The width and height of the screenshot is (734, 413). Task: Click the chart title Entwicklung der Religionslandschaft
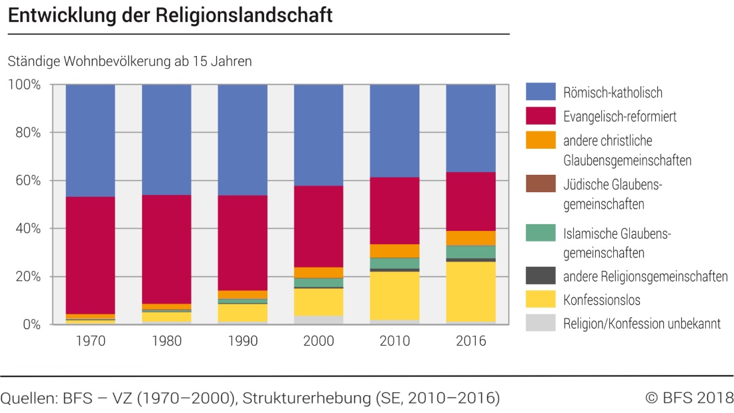(170, 16)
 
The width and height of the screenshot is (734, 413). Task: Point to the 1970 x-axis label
(90, 341)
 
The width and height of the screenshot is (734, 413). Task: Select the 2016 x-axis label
(470, 341)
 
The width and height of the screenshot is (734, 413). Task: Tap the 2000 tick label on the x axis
(318, 341)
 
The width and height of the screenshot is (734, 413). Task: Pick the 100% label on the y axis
(25, 85)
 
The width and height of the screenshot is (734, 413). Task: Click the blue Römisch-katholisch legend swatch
(541, 92)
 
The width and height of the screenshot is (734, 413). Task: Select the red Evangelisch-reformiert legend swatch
(541, 116)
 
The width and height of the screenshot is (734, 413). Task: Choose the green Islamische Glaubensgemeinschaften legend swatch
(541, 234)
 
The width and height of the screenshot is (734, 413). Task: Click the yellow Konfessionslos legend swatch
(541, 300)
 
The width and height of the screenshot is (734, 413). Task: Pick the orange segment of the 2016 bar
(470, 238)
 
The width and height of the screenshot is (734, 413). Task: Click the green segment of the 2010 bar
(394, 263)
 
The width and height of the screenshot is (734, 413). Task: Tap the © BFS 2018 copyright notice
(689, 398)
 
